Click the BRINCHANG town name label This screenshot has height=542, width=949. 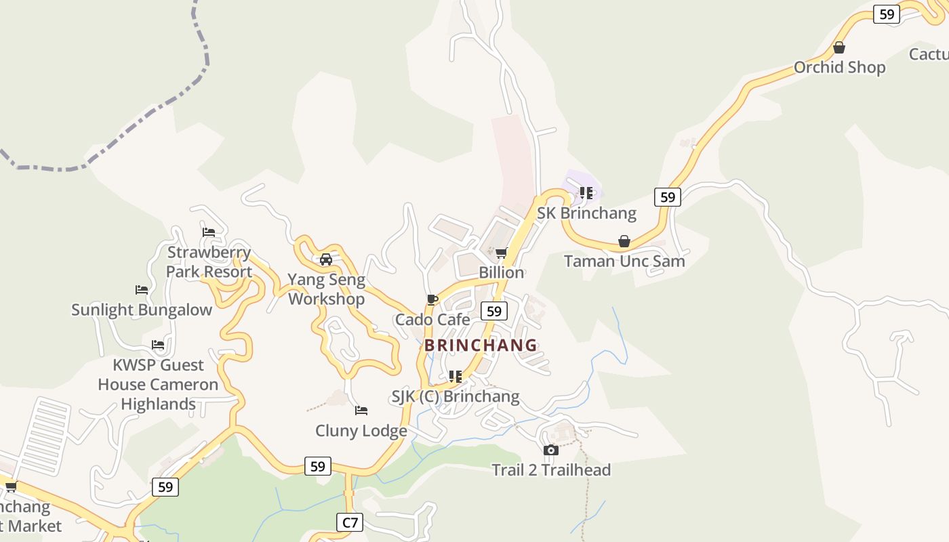click(481, 345)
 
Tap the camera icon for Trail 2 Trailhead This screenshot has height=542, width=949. click(551, 450)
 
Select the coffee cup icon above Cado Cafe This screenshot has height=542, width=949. click(432, 299)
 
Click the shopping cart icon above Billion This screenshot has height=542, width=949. click(501, 253)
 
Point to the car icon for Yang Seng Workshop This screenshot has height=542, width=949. click(326, 259)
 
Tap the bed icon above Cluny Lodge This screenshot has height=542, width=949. click(361, 411)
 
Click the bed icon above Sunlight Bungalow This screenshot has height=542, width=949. click(142, 290)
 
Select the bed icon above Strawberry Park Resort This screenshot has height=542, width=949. click(209, 232)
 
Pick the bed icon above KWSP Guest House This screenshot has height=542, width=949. click(158, 345)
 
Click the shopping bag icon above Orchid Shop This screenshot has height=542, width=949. click(839, 47)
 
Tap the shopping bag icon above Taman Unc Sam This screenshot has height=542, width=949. click(624, 241)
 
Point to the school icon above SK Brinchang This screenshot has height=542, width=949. click(586, 193)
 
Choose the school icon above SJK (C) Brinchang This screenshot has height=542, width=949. click(456, 376)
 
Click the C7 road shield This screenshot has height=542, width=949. click(350, 522)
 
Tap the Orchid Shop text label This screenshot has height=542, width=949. click(839, 67)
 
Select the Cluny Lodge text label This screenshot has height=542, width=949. click(361, 431)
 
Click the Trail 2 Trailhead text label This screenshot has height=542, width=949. click(551, 470)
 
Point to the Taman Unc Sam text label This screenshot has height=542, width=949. click(624, 261)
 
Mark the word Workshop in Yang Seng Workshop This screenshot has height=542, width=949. click(326, 299)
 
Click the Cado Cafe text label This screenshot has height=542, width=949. click(432, 319)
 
